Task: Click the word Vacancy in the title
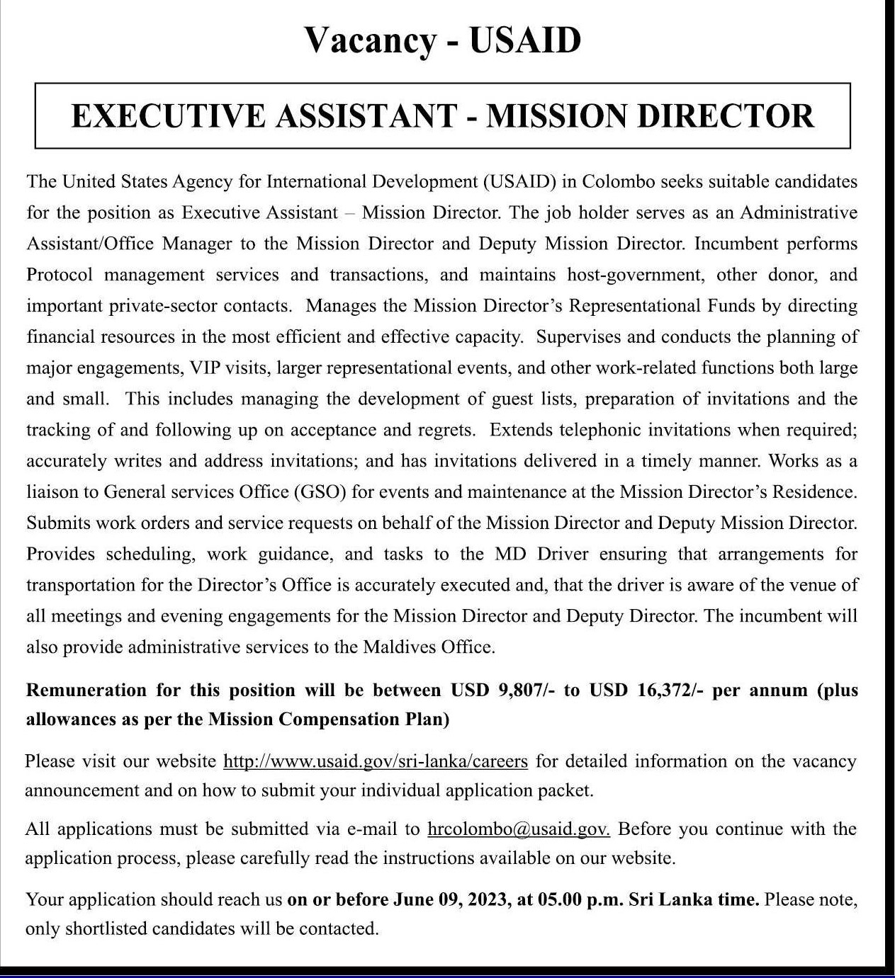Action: coord(370,40)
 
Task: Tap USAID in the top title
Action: coord(525,40)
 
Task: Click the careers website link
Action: coord(376,761)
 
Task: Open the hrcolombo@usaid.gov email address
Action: coord(519,829)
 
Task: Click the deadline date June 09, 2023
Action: coord(451,900)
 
